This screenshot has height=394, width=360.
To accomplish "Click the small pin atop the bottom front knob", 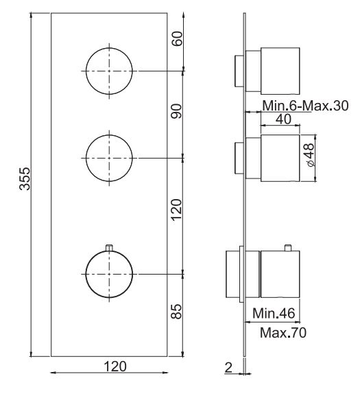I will (x=108, y=246).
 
